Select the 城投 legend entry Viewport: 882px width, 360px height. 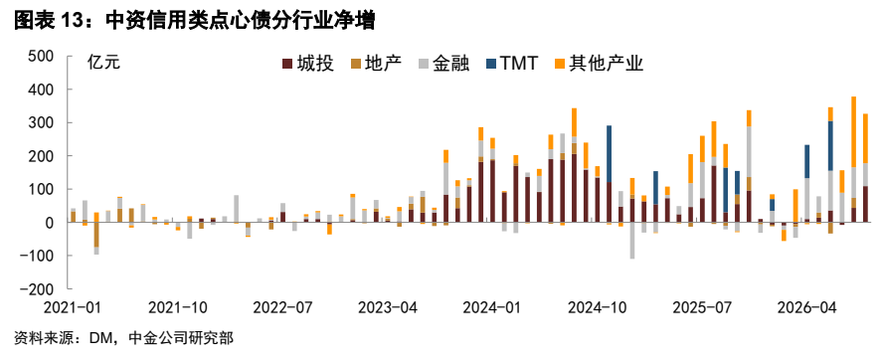[x=308, y=64]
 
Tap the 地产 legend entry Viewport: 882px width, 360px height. [x=376, y=64]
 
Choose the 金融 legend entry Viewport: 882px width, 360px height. [x=443, y=64]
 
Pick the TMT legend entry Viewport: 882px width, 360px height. [x=511, y=64]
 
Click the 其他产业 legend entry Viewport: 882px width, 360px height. [x=599, y=64]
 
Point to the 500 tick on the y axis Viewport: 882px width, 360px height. [x=39, y=57]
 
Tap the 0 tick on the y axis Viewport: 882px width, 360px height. [x=49, y=223]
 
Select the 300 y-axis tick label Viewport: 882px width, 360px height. [x=39, y=122]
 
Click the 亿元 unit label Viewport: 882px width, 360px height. [x=103, y=63]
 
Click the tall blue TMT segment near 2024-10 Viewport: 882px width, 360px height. [x=609, y=153]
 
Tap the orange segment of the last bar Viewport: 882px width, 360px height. [x=865, y=138]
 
